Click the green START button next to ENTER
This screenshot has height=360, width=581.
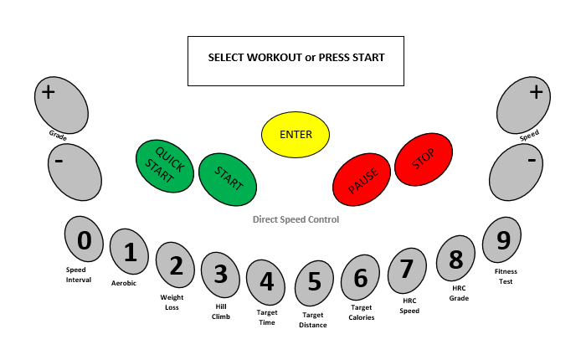click(x=227, y=178)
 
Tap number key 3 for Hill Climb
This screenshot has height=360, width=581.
click(x=221, y=274)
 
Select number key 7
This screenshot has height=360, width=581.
click(x=407, y=270)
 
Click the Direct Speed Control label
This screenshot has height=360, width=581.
click(x=296, y=219)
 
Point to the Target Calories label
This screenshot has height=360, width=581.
click(x=362, y=312)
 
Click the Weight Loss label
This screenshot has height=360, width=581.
click(x=172, y=302)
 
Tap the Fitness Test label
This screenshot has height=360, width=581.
click(x=505, y=276)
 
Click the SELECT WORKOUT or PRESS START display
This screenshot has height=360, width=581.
click(x=296, y=60)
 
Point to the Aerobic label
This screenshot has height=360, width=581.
click(x=124, y=283)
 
